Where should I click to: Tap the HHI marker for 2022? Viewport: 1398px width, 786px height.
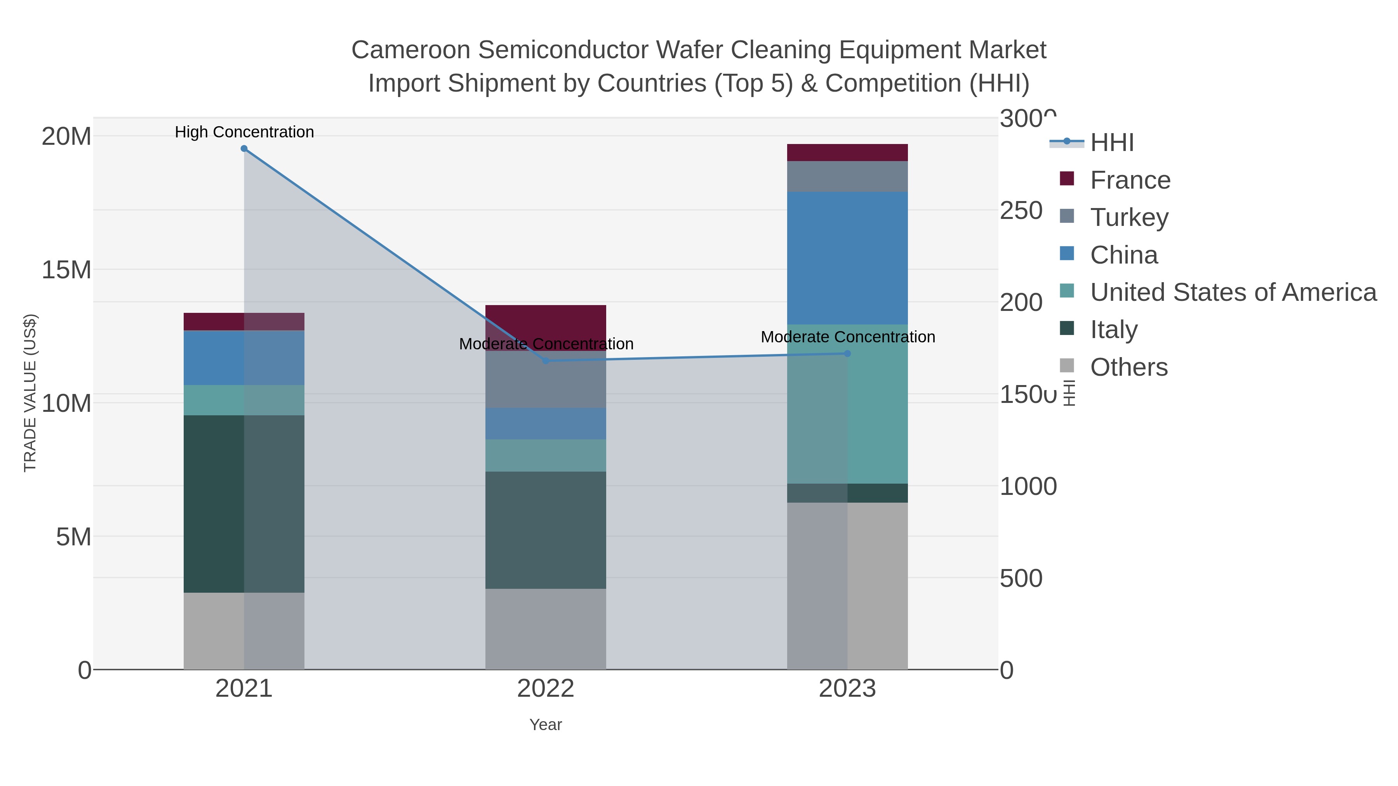[546, 361]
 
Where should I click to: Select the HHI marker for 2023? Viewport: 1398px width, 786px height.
[847, 354]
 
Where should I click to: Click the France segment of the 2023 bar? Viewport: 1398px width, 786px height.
[847, 153]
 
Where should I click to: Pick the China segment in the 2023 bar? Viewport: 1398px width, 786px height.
[847, 258]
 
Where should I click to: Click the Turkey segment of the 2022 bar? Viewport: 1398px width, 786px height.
[546, 380]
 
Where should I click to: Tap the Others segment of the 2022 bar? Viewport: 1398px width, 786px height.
[546, 629]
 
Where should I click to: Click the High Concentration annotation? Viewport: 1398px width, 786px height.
[244, 132]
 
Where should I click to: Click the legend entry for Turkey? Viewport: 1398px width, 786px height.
[1129, 217]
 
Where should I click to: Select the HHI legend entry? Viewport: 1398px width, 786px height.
[1111, 143]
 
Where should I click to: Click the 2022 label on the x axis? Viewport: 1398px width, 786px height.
[546, 689]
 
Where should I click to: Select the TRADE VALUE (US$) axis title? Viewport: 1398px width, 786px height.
[30, 393]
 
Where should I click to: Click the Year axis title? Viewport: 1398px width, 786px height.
[546, 725]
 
